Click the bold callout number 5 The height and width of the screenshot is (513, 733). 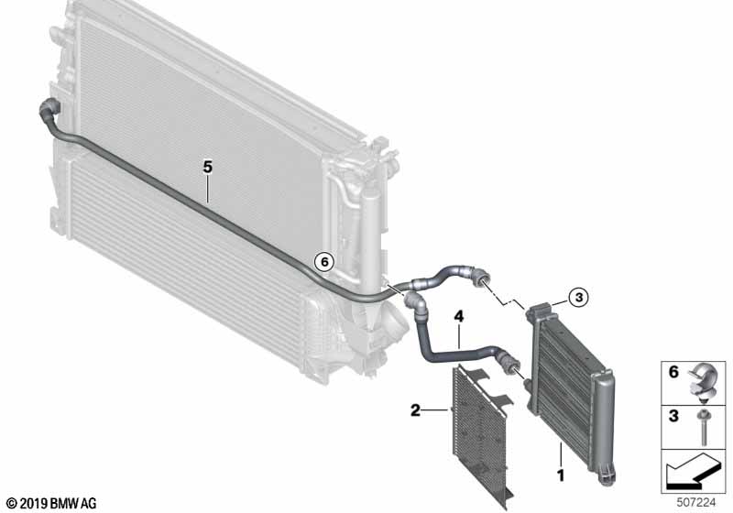[208, 167]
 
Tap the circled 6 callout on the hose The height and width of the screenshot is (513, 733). [324, 262]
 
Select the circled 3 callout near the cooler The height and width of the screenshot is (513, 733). [579, 297]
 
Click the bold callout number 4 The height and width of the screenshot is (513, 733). [459, 317]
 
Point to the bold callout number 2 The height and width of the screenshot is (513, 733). [415, 410]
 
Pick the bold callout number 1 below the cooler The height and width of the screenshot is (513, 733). [561, 475]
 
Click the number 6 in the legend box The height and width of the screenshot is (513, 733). [673, 372]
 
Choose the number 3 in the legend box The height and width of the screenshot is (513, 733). [673, 415]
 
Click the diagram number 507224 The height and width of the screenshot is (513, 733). [696, 503]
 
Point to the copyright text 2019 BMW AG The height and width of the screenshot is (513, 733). [52, 503]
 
